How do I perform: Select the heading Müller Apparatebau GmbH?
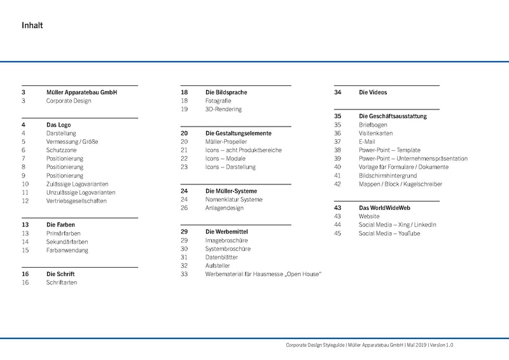(81, 92)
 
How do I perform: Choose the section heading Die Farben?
(61, 225)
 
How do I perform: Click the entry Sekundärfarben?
(67, 242)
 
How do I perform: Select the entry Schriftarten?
(62, 282)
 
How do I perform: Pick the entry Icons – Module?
(225, 158)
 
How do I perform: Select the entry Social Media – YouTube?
(389, 233)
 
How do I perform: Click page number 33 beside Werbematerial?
(185, 273)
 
